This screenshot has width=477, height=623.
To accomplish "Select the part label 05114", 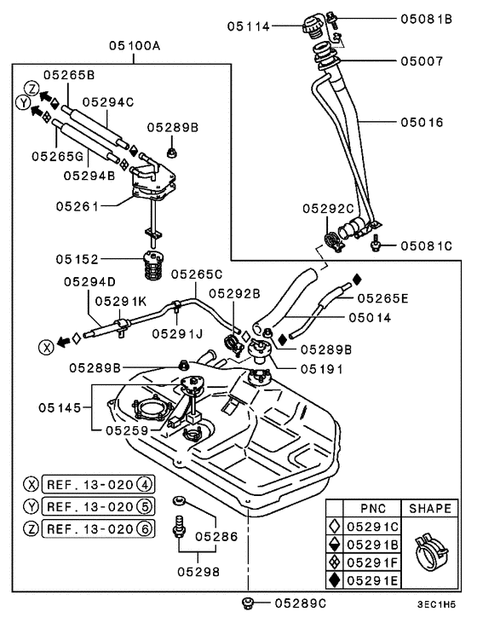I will click(248, 26).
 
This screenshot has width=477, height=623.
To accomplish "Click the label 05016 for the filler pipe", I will click(422, 123).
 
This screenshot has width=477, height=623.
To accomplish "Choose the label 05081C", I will click(427, 246).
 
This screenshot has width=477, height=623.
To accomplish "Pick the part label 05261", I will click(78, 205).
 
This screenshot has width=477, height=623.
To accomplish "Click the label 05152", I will click(78, 258).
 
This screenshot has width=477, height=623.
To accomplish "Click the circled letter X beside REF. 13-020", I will click(32, 484).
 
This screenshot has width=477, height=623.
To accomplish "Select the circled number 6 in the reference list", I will click(146, 528).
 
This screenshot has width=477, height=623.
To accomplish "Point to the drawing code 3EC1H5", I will click(436, 603).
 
